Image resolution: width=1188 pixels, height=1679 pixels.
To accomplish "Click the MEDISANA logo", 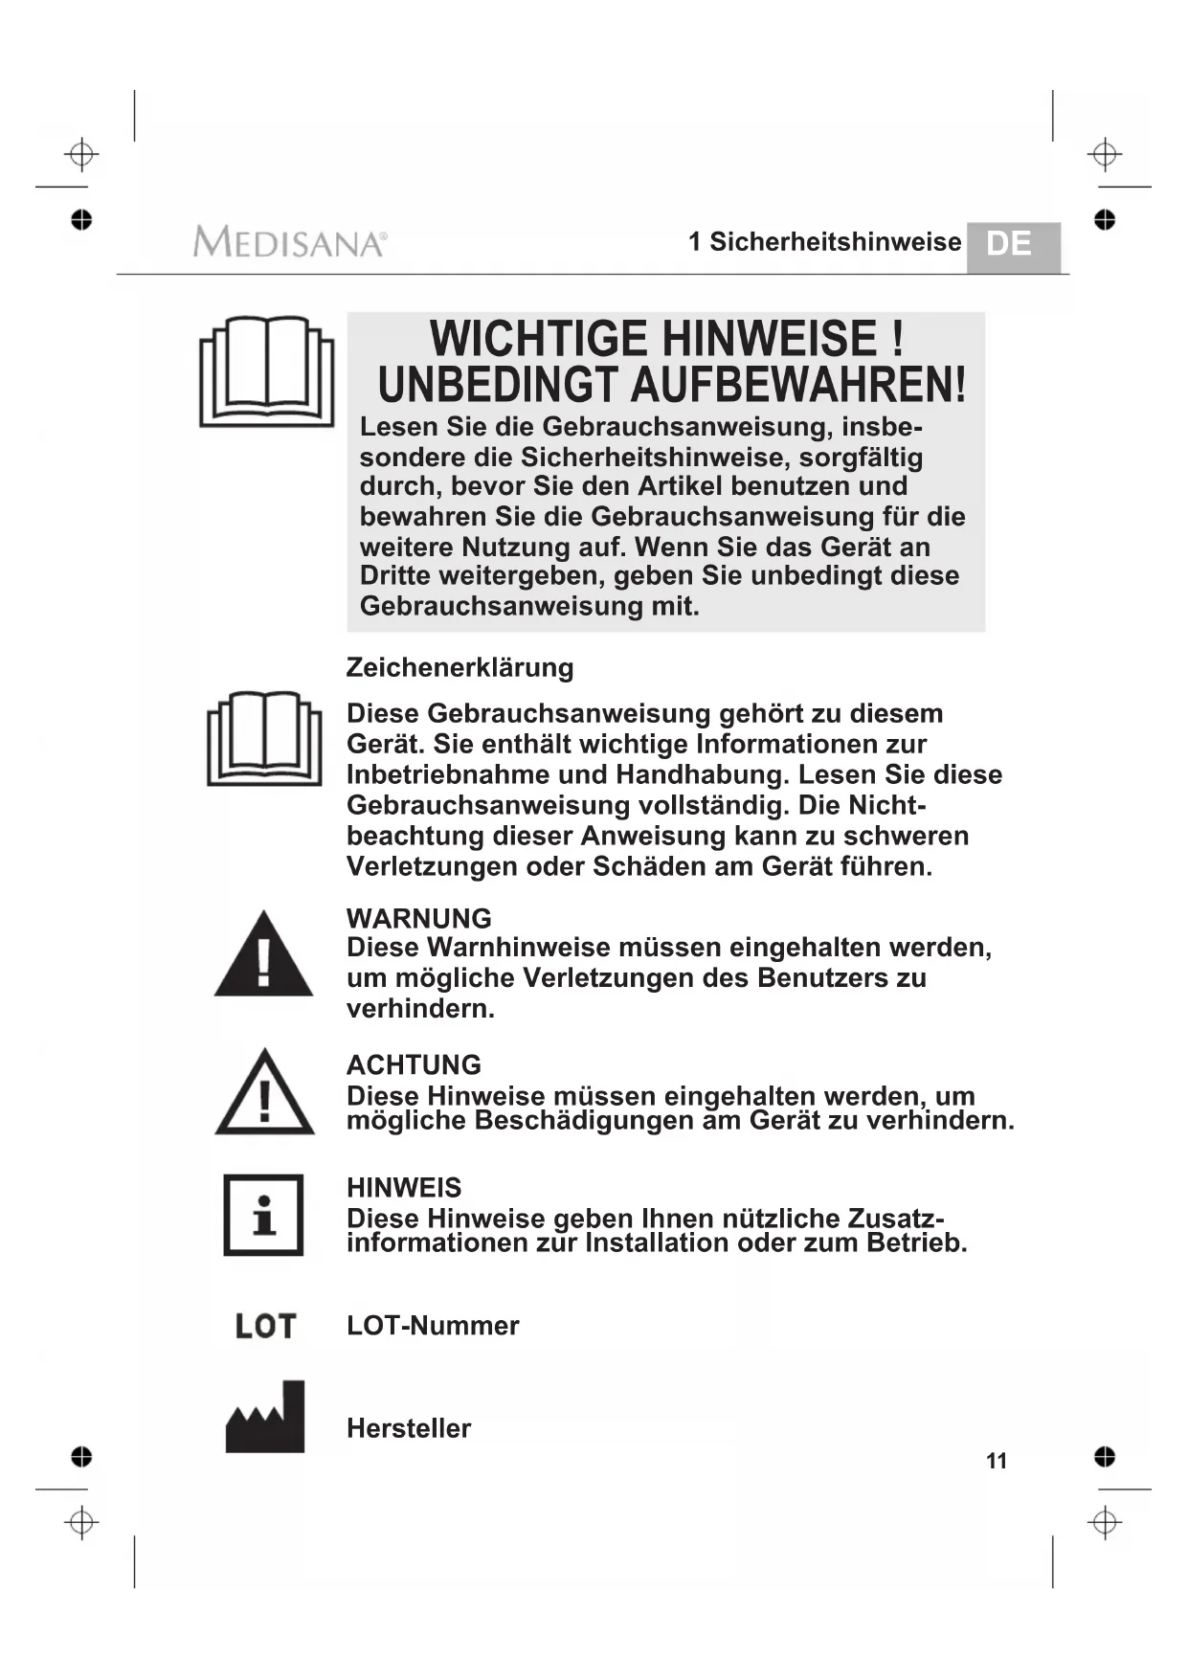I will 289,241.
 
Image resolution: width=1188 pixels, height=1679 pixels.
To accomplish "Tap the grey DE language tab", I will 1012,246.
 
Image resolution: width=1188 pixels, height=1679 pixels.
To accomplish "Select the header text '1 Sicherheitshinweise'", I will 824,242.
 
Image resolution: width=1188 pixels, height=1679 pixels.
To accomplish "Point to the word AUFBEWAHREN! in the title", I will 798,386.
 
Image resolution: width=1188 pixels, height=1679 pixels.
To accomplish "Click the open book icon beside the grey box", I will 266,371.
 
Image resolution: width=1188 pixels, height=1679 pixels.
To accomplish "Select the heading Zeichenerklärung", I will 460,667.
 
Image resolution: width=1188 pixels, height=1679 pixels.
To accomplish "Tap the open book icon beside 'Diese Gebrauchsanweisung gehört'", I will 264,739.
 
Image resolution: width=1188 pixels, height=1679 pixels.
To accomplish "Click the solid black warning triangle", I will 263,955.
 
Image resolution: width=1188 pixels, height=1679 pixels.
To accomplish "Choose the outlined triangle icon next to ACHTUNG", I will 264,1093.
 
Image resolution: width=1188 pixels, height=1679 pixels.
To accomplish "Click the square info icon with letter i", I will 263,1215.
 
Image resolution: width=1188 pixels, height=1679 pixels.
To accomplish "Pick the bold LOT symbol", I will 265,1326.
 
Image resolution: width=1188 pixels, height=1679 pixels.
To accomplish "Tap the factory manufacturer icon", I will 265,1418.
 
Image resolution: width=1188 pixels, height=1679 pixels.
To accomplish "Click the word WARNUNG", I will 418,918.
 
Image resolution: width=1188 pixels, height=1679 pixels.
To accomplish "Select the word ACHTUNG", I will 414,1064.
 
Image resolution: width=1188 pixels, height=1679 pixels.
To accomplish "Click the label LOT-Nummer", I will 433,1326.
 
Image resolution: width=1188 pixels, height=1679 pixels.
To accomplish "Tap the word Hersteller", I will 409,1428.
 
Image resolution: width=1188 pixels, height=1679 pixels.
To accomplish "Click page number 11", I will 997,1461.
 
